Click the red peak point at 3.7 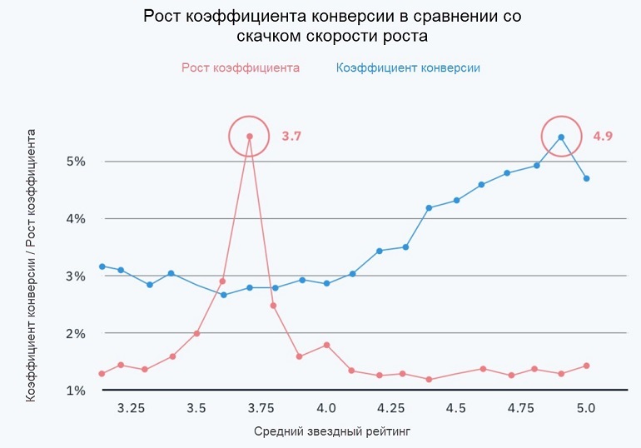(249, 136)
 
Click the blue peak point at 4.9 (561, 137)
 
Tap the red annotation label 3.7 (291, 137)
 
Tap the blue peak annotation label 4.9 (603, 137)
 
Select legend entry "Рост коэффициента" (240, 67)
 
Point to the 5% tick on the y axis (76, 162)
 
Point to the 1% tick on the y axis (76, 391)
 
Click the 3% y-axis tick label (76, 276)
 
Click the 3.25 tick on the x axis (132, 409)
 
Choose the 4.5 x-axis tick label (455, 409)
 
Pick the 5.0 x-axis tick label (585, 409)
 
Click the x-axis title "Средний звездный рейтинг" (331, 431)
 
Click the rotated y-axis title (31, 265)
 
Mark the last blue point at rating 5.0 (587, 178)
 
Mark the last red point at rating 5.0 (587, 366)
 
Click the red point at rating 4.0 (326, 345)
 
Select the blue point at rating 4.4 (429, 208)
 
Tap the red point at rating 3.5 (196, 333)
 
